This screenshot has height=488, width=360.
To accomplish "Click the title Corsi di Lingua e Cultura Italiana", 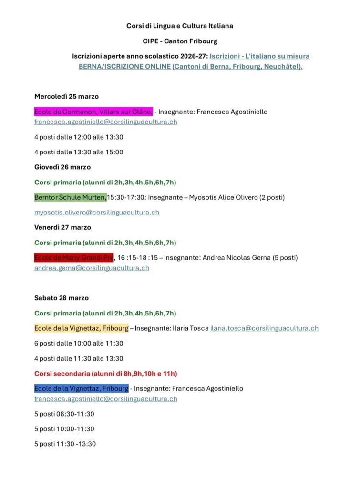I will tap(179, 26).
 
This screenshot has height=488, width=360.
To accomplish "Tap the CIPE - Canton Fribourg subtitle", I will tap(179, 41).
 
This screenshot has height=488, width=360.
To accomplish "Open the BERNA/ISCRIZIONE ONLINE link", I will tap(124, 67).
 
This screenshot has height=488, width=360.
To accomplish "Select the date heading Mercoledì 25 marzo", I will tap(66, 96).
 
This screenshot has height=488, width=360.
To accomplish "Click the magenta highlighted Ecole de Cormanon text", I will tap(93, 112).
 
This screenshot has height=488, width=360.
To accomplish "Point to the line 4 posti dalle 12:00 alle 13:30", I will tap(79, 137).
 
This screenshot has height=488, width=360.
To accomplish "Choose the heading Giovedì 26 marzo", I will tap(62, 167).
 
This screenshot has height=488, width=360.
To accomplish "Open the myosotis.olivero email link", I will tap(97, 213).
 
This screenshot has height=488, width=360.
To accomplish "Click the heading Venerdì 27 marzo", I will tap(62, 227).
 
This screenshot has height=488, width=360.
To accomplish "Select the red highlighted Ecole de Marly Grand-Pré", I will tap(74, 258).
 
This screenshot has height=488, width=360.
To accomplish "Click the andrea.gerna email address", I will tap(92, 268).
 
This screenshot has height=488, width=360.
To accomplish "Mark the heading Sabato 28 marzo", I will tap(62, 298).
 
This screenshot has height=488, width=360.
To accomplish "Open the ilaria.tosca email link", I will tap(264, 328).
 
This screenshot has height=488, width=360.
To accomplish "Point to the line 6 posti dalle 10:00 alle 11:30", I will tap(79, 343).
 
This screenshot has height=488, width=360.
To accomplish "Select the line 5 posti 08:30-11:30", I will tap(64, 414).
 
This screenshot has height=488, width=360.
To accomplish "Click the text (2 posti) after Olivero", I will tap(272, 197).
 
